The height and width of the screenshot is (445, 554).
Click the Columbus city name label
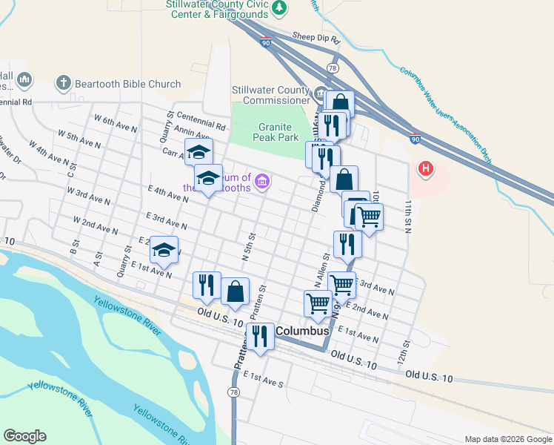pyautogui.click(x=302, y=330)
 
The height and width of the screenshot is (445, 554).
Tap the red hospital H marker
pyautogui.click(x=425, y=169)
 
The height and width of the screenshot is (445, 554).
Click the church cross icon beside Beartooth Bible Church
pyautogui.click(x=64, y=82)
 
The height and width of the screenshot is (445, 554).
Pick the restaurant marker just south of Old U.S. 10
pyautogui.click(x=259, y=336)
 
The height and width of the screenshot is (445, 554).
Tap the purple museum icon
pyautogui.click(x=261, y=181)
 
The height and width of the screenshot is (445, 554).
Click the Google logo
pyautogui.click(x=24, y=436)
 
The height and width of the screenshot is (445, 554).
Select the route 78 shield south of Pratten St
pyautogui.click(x=234, y=392)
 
